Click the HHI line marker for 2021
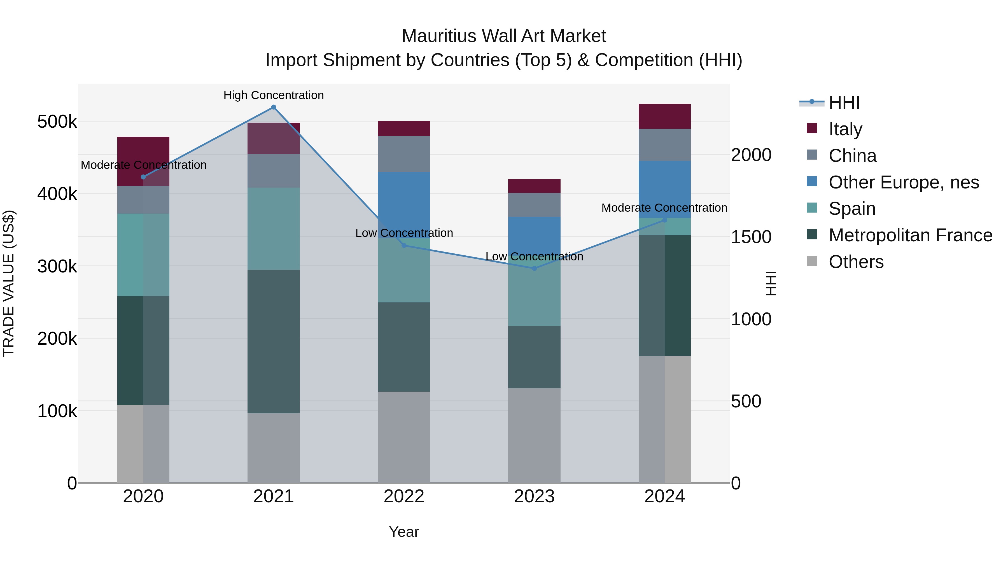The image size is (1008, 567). tap(274, 107)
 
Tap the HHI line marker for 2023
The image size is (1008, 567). tap(534, 269)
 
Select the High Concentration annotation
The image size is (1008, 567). tap(274, 95)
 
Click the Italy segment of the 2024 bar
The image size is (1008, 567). tap(664, 116)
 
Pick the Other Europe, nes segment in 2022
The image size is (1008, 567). tap(404, 205)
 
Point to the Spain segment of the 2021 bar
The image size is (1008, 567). tap(274, 228)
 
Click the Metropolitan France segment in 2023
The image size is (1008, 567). tap(534, 357)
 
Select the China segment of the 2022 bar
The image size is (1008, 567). tap(404, 154)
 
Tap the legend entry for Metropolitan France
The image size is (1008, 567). tap(910, 235)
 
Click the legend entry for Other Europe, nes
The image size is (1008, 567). tap(904, 182)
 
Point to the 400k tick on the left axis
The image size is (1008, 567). tap(57, 194)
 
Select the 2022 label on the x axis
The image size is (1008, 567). tap(404, 496)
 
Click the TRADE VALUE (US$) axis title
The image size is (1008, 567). tap(9, 283)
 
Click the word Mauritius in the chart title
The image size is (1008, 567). tap(438, 36)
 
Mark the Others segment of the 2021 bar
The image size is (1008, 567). tap(274, 448)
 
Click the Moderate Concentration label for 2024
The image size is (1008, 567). tap(664, 208)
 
